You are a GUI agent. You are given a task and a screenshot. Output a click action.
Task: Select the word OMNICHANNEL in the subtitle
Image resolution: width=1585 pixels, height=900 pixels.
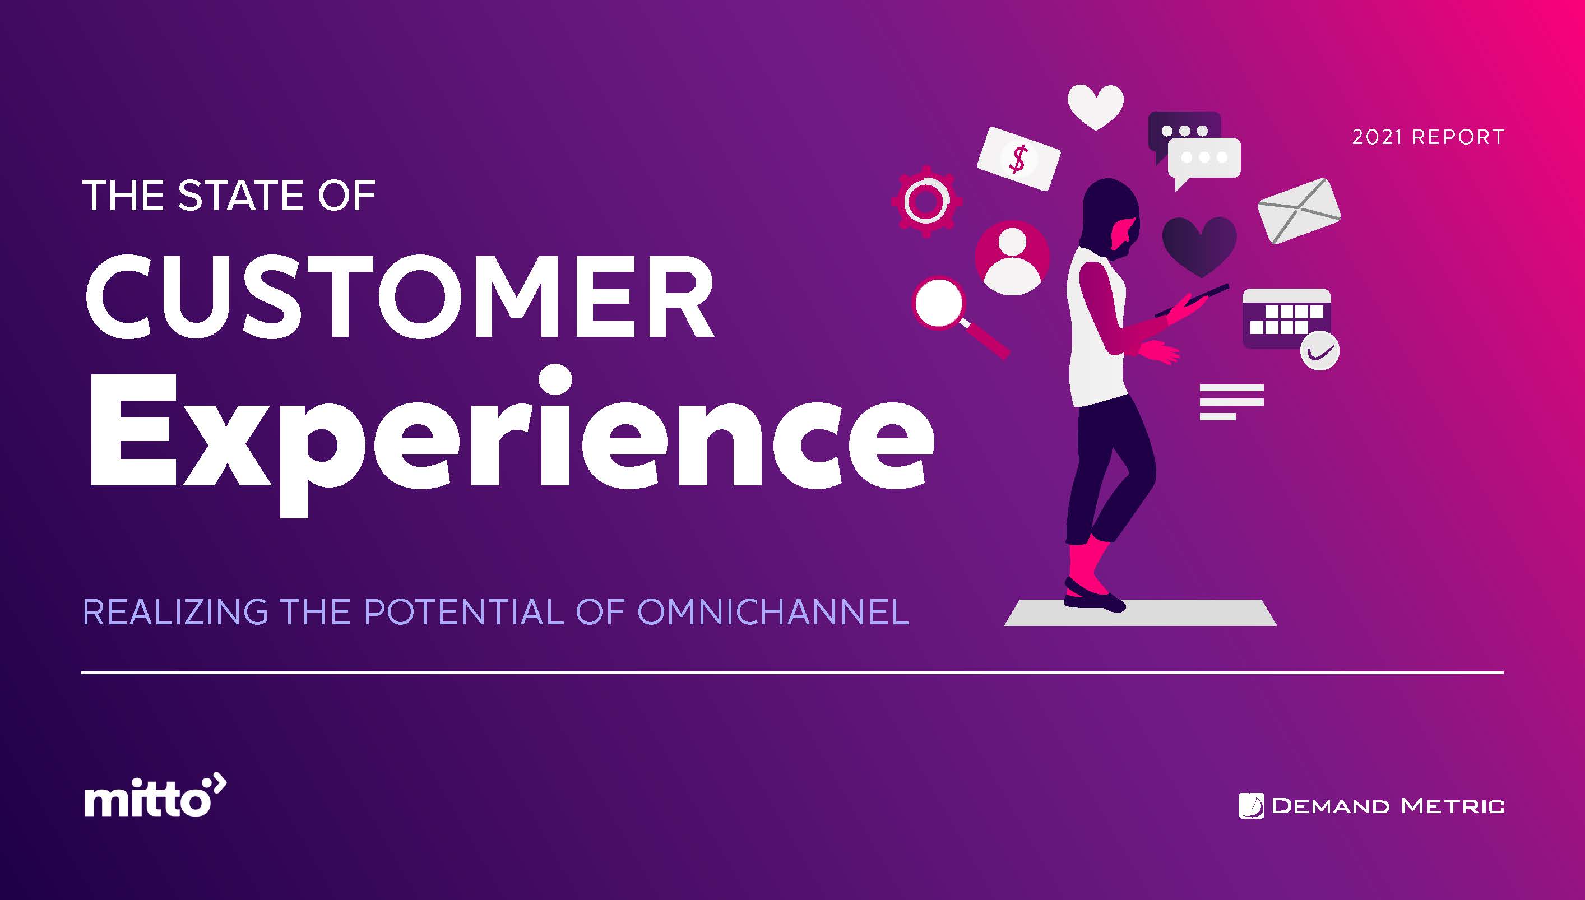click(x=773, y=612)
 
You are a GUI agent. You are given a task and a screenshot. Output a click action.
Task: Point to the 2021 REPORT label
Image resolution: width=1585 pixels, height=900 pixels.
click(x=1428, y=137)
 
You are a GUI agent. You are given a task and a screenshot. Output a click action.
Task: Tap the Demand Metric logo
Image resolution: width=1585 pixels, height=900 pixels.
click(x=1371, y=806)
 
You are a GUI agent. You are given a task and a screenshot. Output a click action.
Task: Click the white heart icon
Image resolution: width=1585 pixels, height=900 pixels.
click(x=1095, y=107)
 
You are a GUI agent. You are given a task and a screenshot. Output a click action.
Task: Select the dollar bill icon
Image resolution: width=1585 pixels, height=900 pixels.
click(x=1018, y=159)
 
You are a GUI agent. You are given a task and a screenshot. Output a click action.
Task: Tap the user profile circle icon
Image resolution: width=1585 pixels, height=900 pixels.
click(x=1012, y=258)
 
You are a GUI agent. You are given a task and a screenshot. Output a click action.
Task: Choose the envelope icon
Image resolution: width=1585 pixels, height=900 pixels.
click(x=1299, y=210)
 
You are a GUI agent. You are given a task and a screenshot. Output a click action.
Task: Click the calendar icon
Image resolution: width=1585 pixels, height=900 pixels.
click(x=1286, y=318)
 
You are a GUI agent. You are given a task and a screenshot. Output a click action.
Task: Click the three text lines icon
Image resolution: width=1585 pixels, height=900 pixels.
click(x=1231, y=402)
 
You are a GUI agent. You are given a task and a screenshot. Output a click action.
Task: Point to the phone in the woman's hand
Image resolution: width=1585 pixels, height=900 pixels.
click(x=1192, y=301)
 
